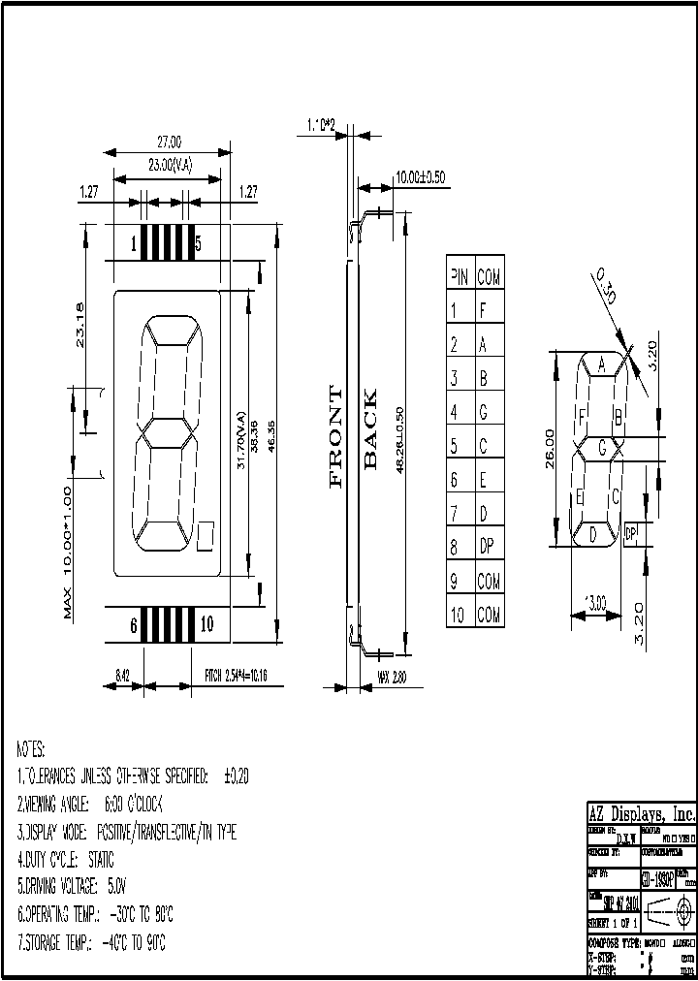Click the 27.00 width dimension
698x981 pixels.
click(169, 142)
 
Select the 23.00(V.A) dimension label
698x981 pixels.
click(170, 166)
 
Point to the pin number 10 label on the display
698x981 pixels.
click(206, 624)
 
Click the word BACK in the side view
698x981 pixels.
click(369, 429)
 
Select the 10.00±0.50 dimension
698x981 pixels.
click(420, 177)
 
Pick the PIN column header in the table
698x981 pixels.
click(459, 277)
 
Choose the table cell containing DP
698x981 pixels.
click(487, 548)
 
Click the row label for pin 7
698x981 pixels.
click(454, 514)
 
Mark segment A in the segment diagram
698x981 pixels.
click(601, 365)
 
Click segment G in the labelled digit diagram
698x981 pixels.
click(602, 448)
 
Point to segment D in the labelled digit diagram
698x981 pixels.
click(592, 533)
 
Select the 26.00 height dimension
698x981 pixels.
click(551, 449)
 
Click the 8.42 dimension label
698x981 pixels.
click(123, 675)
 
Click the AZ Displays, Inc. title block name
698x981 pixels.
click(642, 813)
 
